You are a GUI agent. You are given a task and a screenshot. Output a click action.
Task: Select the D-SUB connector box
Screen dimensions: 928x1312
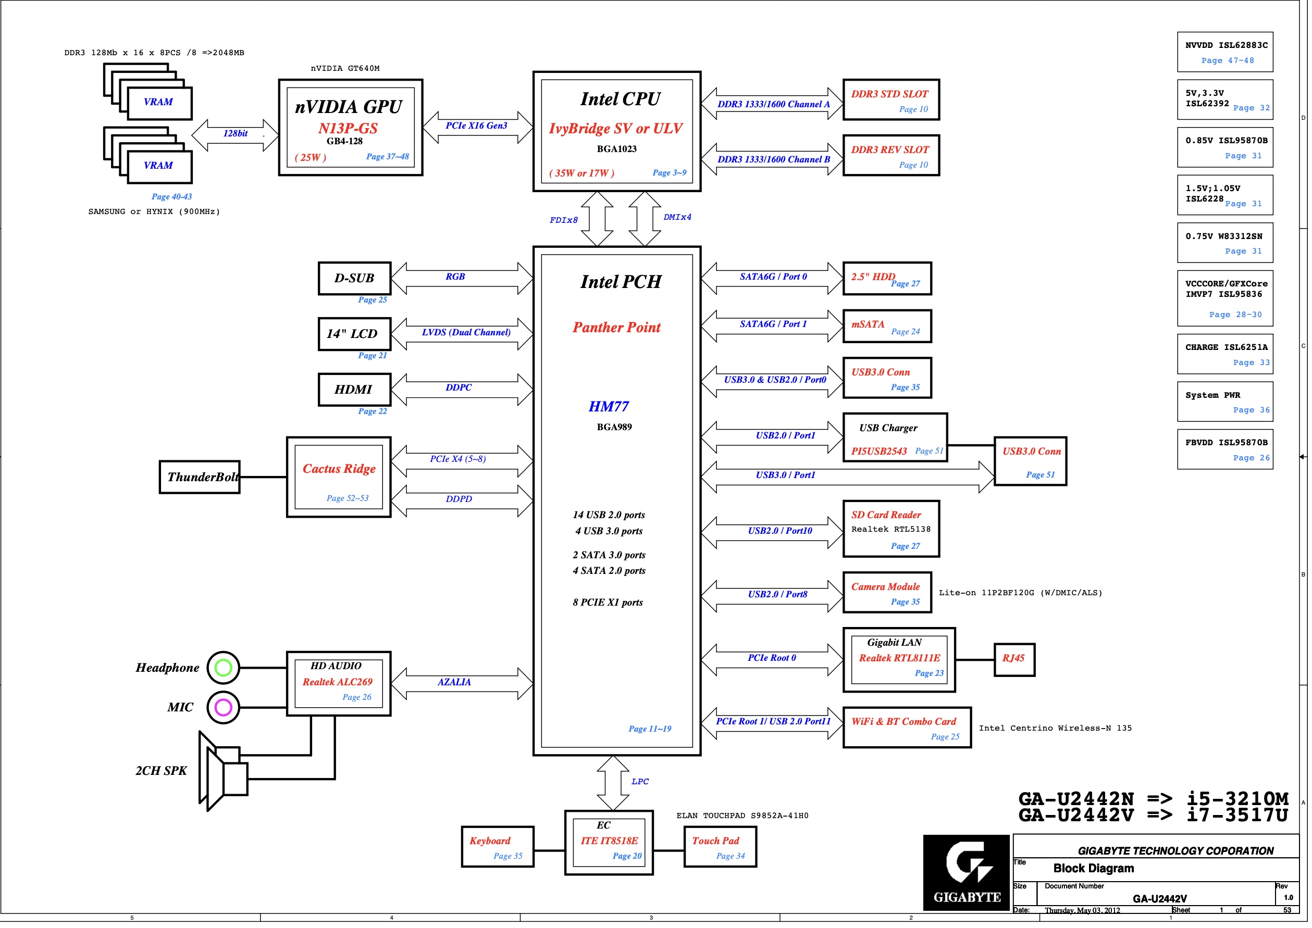click(x=354, y=278)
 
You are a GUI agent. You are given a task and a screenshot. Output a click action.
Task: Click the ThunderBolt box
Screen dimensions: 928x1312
click(x=200, y=477)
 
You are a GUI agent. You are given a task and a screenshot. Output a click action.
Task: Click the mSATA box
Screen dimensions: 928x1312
click(x=887, y=327)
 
